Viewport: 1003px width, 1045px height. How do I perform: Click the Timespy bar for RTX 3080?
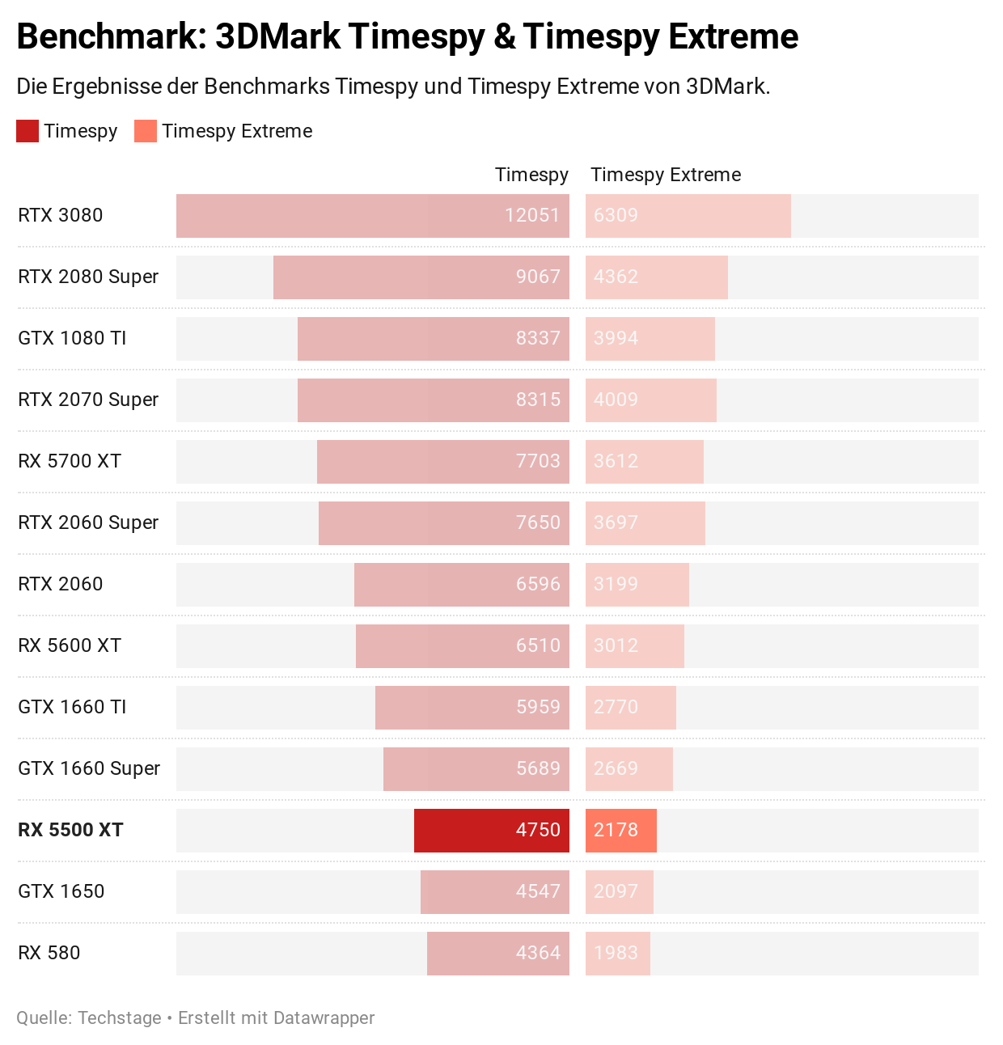click(x=372, y=216)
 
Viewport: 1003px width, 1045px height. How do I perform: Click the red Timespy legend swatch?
click(x=28, y=131)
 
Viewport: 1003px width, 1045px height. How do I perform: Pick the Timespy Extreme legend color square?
click(x=146, y=131)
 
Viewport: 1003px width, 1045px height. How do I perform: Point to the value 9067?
click(x=538, y=277)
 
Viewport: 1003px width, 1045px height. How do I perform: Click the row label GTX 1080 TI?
click(x=72, y=338)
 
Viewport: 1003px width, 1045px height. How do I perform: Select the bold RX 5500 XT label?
click(x=70, y=830)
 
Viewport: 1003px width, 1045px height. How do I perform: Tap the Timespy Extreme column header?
click(x=666, y=175)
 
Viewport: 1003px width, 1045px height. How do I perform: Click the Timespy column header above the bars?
click(x=531, y=175)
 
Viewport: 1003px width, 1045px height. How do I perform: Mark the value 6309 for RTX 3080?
click(x=616, y=215)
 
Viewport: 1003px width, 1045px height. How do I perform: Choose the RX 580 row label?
click(x=49, y=953)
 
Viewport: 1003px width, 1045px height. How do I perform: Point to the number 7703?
click(x=538, y=461)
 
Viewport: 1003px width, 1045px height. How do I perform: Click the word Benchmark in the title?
click(x=106, y=37)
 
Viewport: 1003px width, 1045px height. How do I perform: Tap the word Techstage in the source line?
click(x=120, y=1017)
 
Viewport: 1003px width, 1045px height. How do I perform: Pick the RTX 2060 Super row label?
click(x=88, y=522)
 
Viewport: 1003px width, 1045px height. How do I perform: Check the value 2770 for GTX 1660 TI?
click(x=616, y=707)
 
